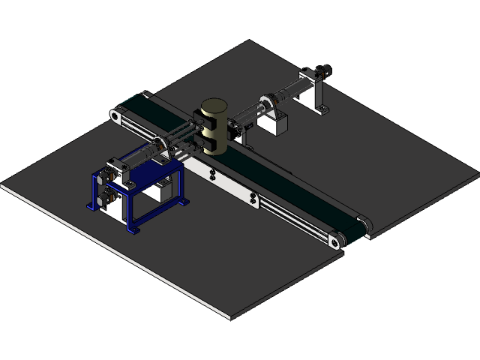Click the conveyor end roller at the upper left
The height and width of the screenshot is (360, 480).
[x=116, y=115]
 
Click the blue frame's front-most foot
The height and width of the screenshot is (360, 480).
[x=135, y=228]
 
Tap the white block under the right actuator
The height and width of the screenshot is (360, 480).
[x=274, y=124]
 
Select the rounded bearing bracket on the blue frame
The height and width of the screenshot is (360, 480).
[x=158, y=148]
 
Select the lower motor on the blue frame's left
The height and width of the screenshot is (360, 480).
[x=106, y=196]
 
